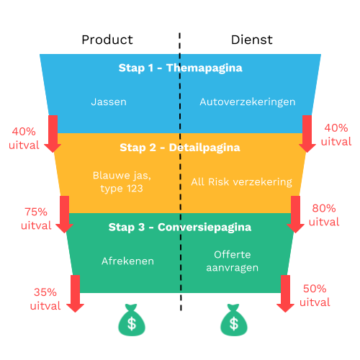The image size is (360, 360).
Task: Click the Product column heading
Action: coord(107,40)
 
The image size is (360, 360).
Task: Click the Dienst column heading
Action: coord(252,40)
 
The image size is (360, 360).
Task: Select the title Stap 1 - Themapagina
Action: coord(181,68)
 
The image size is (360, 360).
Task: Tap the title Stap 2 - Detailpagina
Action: coord(180,148)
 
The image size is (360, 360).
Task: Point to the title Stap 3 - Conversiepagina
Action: coord(180,228)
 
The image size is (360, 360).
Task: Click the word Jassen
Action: coord(109,102)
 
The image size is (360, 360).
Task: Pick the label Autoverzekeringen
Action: coord(248,102)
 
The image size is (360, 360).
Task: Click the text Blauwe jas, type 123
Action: coord(122,182)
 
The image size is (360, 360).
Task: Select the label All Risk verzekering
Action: coord(242,182)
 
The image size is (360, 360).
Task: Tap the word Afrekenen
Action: coord(127,261)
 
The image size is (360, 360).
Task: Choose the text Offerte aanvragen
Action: coord(233,261)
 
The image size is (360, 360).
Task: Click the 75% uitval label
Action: coord(36,219)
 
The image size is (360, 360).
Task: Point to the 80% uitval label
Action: coord(324,215)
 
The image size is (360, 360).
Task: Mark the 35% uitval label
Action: coord(45,299)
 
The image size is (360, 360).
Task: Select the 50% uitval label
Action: coord(315,295)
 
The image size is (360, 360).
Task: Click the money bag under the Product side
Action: coord(132,320)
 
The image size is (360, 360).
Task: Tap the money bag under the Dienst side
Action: coord(234,320)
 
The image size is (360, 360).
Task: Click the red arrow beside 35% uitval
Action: coord(75,294)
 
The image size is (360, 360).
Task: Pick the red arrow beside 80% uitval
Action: coord(295,215)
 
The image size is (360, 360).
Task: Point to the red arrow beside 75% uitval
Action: coord(64,215)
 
